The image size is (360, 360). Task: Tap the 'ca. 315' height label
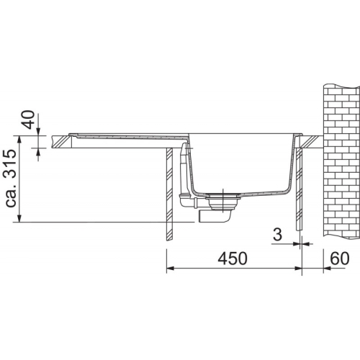11,178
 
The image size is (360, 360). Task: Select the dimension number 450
233,258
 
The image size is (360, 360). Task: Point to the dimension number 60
340,258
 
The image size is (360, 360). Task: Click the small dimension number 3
277,235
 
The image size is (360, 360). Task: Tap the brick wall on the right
342,161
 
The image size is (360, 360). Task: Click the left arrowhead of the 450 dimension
170,269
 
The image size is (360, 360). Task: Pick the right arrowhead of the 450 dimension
298,269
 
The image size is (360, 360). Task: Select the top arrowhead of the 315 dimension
19,139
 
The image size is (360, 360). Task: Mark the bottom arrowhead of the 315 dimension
19,218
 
